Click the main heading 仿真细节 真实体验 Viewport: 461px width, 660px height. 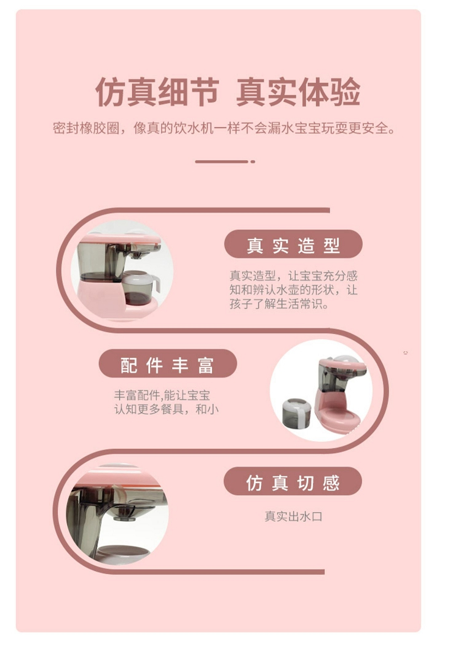click(228, 91)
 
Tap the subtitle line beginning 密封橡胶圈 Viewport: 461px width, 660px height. click(224, 128)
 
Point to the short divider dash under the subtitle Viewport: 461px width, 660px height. click(222, 161)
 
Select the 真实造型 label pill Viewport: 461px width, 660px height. click(293, 244)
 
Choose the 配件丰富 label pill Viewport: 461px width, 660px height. click(168, 363)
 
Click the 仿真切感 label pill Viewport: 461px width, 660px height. click(293, 481)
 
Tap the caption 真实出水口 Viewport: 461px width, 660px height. click(293, 516)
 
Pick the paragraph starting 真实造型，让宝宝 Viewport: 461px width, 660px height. click(293, 290)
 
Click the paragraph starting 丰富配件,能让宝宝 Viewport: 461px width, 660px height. click(167, 402)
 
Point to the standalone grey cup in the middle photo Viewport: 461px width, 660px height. click(297, 413)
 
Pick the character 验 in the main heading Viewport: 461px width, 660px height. click(345, 91)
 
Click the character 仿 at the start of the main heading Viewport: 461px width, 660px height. click(111, 91)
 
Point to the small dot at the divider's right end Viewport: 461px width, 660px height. click(253, 161)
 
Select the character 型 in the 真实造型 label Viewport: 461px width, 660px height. click(332, 244)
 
